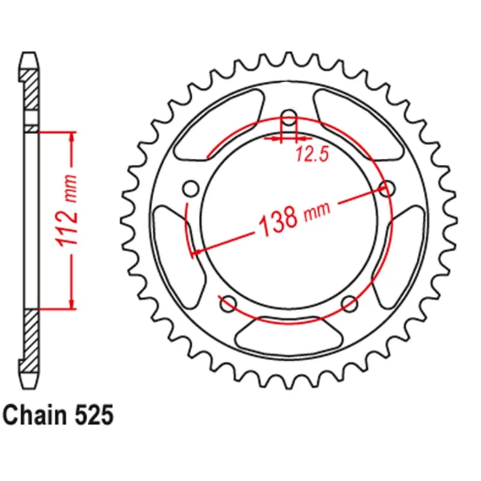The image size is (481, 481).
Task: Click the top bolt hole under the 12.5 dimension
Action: point(289,118)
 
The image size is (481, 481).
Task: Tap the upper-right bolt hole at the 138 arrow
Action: point(387,189)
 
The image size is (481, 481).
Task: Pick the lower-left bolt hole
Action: point(228,304)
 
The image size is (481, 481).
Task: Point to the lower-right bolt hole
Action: point(349,304)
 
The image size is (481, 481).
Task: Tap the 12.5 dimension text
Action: point(311,156)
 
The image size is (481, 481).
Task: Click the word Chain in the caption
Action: point(32,415)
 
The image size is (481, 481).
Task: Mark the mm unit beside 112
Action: point(71,188)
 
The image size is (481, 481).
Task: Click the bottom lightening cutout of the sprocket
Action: point(289,336)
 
